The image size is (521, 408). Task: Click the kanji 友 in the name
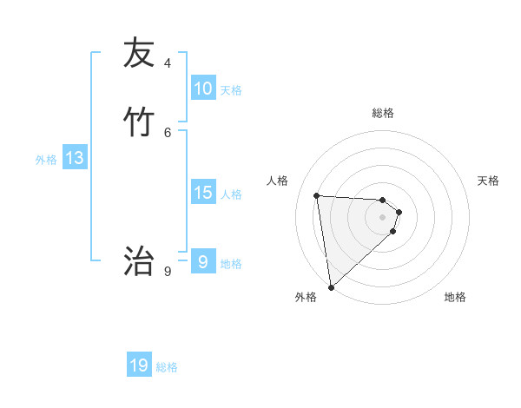point(138,53)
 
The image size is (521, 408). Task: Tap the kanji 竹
point(138,122)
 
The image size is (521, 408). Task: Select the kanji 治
point(138,260)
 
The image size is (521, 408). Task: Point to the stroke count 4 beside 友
point(168,63)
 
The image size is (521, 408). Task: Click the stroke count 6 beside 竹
point(168,132)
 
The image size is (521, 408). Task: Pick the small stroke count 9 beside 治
point(168,271)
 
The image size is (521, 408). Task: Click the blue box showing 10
point(203,89)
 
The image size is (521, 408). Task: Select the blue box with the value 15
point(203,193)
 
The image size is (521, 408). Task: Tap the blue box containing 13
point(75,158)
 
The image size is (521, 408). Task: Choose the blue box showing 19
point(139,365)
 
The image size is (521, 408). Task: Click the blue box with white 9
point(203,262)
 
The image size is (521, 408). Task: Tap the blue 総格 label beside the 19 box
point(167,367)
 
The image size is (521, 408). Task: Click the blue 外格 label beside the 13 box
point(46,160)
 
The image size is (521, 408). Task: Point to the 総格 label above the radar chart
point(383,113)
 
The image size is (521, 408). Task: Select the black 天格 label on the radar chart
point(489,181)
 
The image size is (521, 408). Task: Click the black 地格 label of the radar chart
point(455,297)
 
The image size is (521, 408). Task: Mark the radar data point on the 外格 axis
point(331,286)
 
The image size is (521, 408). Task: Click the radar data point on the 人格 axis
point(317,195)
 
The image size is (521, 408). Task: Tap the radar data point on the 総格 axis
point(383,200)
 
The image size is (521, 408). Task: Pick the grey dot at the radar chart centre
point(383,217)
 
